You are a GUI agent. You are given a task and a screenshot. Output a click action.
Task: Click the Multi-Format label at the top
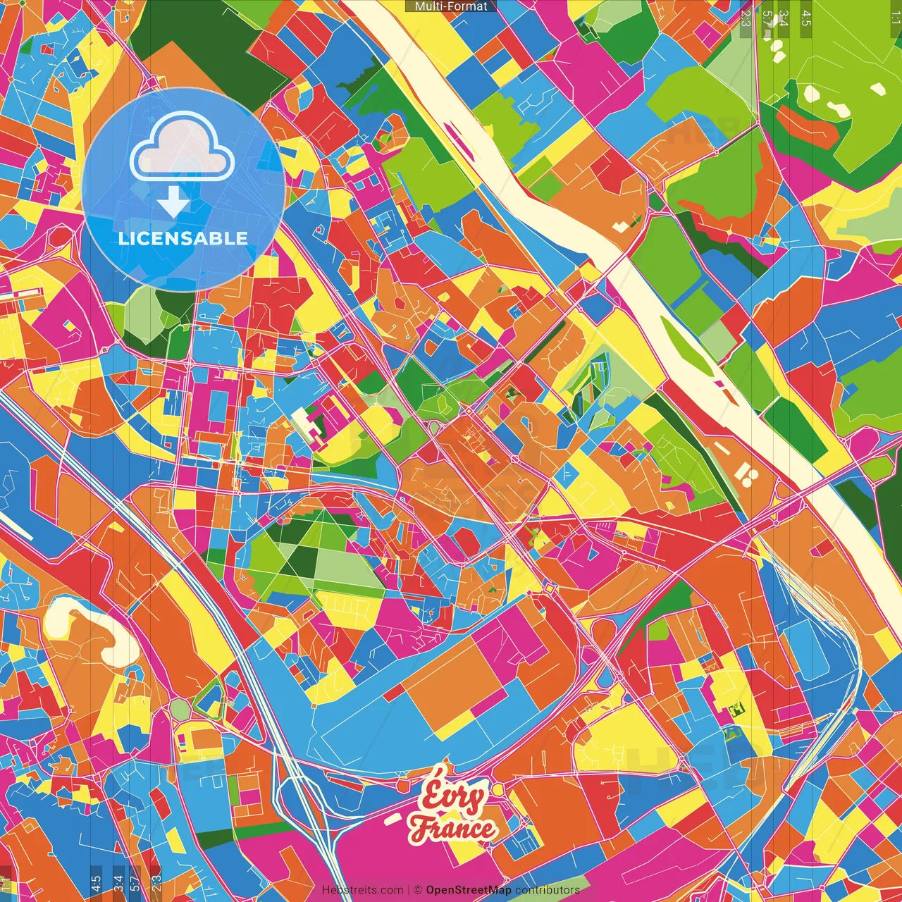[451, 6]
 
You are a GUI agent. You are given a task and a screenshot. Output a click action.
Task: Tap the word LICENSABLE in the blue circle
[183, 238]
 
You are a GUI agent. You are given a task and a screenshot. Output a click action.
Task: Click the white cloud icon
[183, 149]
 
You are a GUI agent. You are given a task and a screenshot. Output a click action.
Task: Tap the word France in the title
[452, 828]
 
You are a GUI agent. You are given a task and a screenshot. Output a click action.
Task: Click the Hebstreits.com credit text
[362, 890]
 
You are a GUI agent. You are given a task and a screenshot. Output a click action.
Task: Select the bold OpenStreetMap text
[469, 890]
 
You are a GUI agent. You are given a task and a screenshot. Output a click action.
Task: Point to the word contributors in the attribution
[548, 890]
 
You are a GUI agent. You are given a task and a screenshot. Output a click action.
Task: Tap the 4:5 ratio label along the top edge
[806, 18]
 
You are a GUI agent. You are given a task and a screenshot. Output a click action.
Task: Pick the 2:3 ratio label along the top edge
[746, 18]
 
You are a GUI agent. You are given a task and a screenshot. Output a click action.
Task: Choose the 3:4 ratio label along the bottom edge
[118, 883]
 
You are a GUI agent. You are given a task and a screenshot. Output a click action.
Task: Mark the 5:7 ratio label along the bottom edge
[135, 883]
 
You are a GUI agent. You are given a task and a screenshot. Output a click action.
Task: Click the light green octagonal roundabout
[180, 708]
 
